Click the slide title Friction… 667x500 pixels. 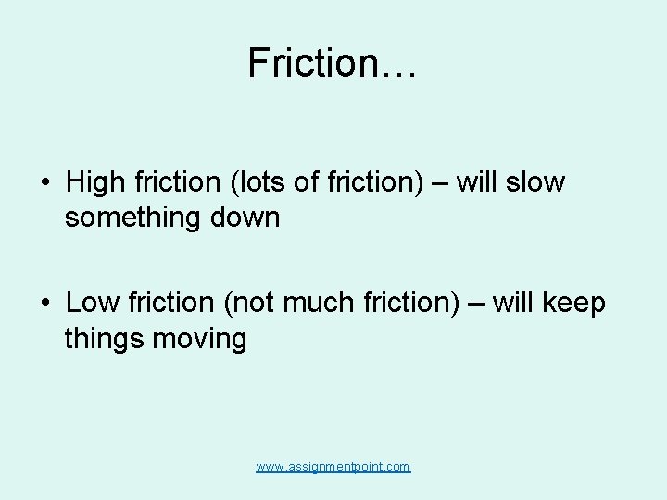(333, 63)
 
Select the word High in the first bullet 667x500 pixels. (94, 182)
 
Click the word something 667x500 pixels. (131, 219)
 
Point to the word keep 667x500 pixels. (573, 303)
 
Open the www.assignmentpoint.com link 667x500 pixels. (333, 468)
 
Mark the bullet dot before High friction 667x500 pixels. (44, 183)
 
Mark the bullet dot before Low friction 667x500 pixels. (44, 304)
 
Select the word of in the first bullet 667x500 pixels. (307, 182)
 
